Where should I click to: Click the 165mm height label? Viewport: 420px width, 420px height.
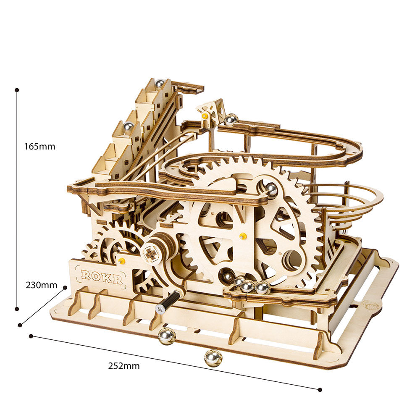pos(39,147)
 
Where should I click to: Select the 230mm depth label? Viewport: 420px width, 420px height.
pos(41,285)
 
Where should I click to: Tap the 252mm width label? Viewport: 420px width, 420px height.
pos(123,366)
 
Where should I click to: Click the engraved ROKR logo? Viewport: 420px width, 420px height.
pos(102,276)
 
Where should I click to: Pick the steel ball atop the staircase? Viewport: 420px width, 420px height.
pos(159,84)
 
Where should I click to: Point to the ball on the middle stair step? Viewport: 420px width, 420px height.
pos(128,126)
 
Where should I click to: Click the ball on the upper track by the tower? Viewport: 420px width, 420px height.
pos(231,119)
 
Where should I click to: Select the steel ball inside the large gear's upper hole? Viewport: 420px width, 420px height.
pos(271,189)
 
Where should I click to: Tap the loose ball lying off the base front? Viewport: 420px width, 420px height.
pos(213,358)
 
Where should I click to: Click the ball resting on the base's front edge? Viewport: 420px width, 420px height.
pos(166,336)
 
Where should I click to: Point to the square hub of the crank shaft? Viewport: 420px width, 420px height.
pos(150,253)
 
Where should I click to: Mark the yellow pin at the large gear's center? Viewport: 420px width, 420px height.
pos(242,236)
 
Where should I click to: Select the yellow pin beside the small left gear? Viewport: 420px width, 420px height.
pos(121,261)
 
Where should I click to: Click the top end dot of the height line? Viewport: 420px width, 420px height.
pos(17,90)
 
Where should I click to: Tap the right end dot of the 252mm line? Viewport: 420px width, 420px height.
pos(320,390)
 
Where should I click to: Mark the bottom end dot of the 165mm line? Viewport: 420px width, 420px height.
pos(17,309)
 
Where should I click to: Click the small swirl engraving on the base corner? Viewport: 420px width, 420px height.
pos(370,305)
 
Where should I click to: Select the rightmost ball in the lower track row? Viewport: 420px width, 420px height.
pos(262,287)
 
